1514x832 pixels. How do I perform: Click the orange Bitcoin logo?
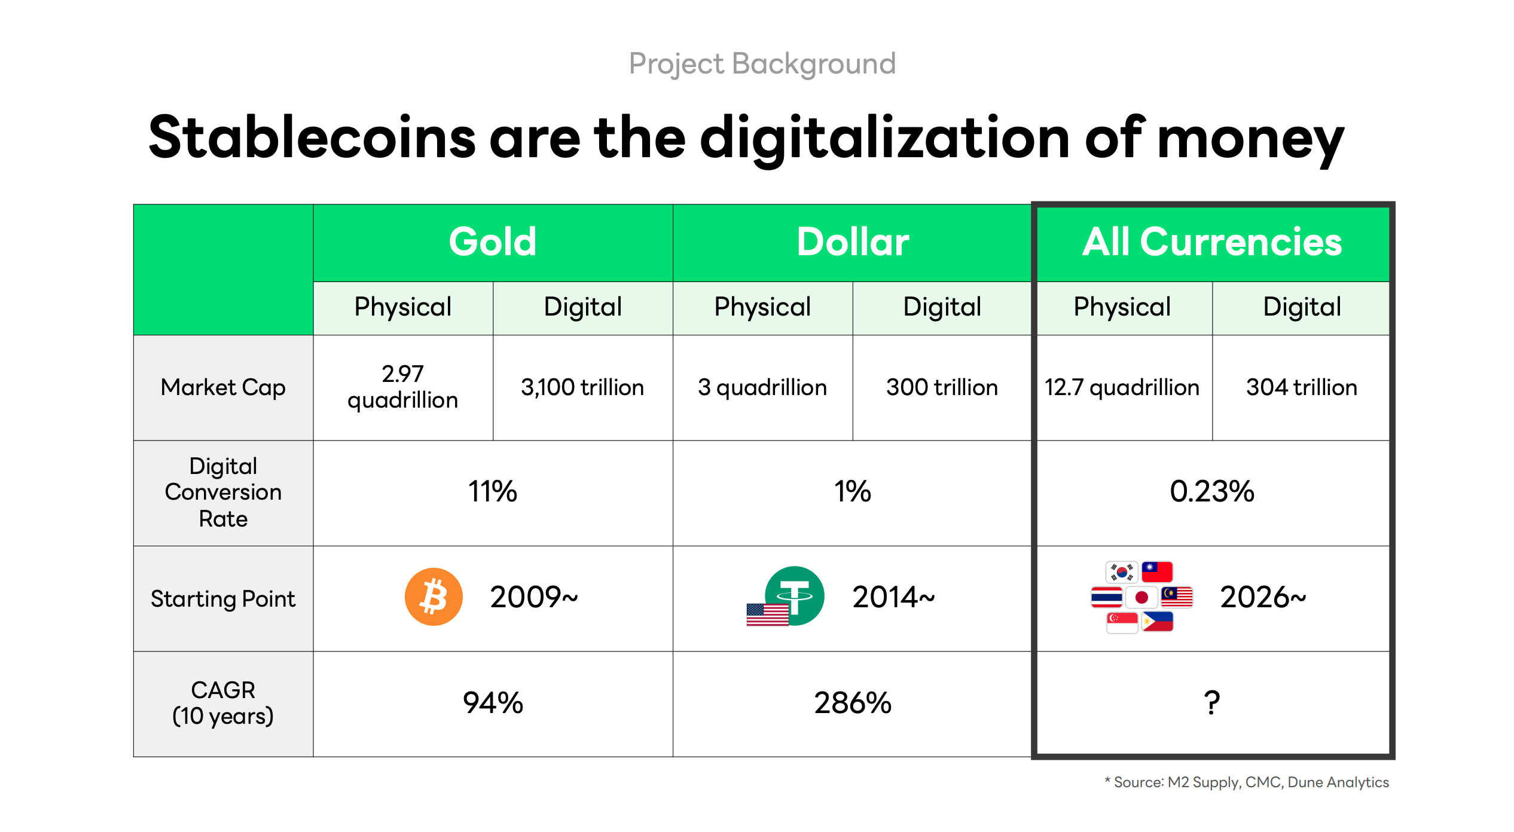coord(434,597)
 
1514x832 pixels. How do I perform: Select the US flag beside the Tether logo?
coord(767,614)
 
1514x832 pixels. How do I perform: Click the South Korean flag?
coord(1121,572)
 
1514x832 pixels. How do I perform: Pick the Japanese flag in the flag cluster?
coord(1141,597)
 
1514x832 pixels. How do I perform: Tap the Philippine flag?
coord(1158,622)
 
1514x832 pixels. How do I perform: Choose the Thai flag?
coord(1106,597)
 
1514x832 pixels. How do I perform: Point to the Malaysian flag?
coord(1177,597)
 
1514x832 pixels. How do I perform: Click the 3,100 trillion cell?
coord(582,387)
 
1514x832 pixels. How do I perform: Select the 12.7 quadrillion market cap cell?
coord(1122,387)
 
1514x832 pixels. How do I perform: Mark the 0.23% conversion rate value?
coord(1211,492)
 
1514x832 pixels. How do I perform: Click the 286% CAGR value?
coord(852,703)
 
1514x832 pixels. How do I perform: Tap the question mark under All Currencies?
coord(1211,703)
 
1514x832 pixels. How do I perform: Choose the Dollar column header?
coord(852,242)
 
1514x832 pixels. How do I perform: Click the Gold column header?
coord(493,242)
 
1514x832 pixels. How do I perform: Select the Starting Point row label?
coord(223,598)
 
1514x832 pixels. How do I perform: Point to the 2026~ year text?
coord(1263,597)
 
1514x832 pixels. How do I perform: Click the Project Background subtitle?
coord(762,63)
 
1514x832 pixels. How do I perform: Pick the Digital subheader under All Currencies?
coord(1302,307)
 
